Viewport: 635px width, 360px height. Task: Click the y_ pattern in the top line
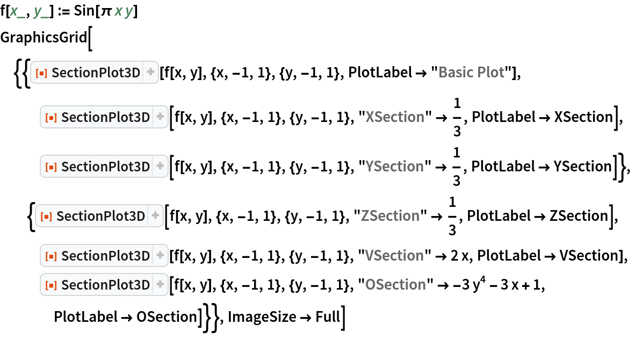(41, 12)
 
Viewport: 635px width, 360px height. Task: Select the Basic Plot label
(471, 73)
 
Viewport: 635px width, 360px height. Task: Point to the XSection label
(395, 117)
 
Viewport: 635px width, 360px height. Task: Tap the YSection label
(394, 167)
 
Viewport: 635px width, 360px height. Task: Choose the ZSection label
(390, 216)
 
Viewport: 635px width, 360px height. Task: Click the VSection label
(394, 256)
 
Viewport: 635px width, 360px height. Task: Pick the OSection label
(395, 285)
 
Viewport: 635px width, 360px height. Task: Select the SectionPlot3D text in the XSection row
(105, 117)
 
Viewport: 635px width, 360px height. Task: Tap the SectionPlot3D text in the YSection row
(105, 167)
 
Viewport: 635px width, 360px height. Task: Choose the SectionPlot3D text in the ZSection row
(100, 216)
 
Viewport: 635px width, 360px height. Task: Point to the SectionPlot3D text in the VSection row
(105, 256)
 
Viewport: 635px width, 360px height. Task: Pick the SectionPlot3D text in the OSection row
(105, 285)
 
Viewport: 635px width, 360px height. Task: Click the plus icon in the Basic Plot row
(150, 73)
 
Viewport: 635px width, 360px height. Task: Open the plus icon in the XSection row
(160, 117)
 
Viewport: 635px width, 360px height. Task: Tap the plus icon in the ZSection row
(155, 216)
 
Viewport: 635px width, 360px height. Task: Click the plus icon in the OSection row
(160, 285)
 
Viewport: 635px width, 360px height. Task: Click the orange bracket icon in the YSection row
(51, 167)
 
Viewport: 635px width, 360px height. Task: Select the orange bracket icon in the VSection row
(51, 256)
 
